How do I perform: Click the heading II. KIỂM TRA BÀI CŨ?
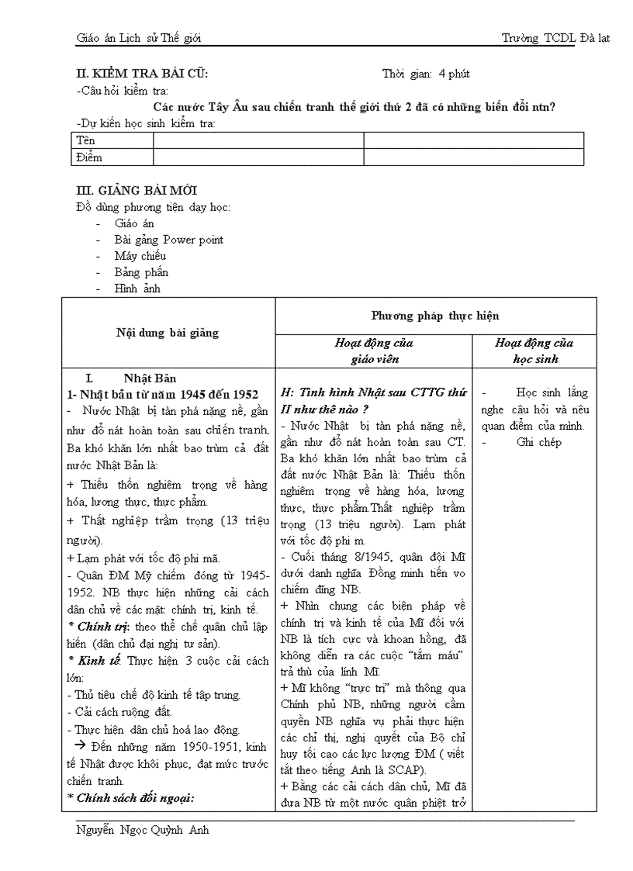[142, 74]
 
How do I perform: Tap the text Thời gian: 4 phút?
[426, 74]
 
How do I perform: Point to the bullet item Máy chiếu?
[140, 256]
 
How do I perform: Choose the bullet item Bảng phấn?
[141, 272]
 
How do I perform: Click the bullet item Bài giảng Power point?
[168, 240]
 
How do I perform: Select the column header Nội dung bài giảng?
[168, 333]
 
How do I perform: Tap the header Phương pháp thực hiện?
[435, 316]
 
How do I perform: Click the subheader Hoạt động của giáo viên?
[373, 351]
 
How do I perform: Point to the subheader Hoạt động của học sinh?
[534, 351]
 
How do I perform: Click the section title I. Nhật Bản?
[131, 378]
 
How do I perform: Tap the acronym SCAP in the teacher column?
[406, 769]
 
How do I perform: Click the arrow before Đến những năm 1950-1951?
[78, 746]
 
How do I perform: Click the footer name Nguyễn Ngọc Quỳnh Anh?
[143, 830]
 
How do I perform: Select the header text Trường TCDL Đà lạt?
[555, 38]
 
